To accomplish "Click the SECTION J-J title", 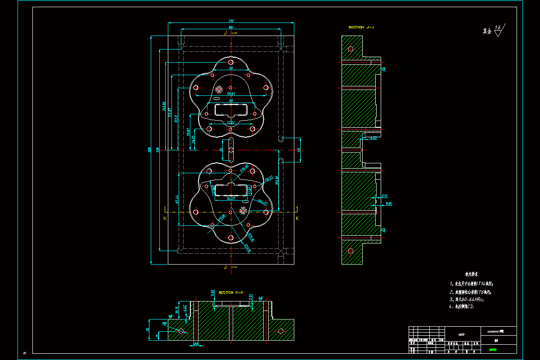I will pyautogui.click(x=361, y=27).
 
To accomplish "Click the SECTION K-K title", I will pyautogui.click(x=231, y=292).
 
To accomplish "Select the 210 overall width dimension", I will pyautogui.click(x=231, y=21).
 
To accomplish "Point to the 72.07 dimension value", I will pyautogui.click(x=230, y=122).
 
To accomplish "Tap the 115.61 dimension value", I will pyautogui.click(x=230, y=93).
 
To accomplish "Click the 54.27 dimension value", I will pyautogui.click(x=231, y=198).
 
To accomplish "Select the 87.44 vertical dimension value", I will pyautogui.click(x=176, y=198).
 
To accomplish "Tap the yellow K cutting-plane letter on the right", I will pyautogui.click(x=297, y=218).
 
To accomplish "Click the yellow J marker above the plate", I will pyautogui.click(x=225, y=33).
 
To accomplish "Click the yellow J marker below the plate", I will pyautogui.click(x=225, y=267).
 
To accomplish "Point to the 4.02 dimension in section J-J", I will pyautogui.click(x=374, y=138).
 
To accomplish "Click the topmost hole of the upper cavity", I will pyautogui.click(x=230, y=63).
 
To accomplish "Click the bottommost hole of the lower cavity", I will pyautogui.click(x=230, y=238).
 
